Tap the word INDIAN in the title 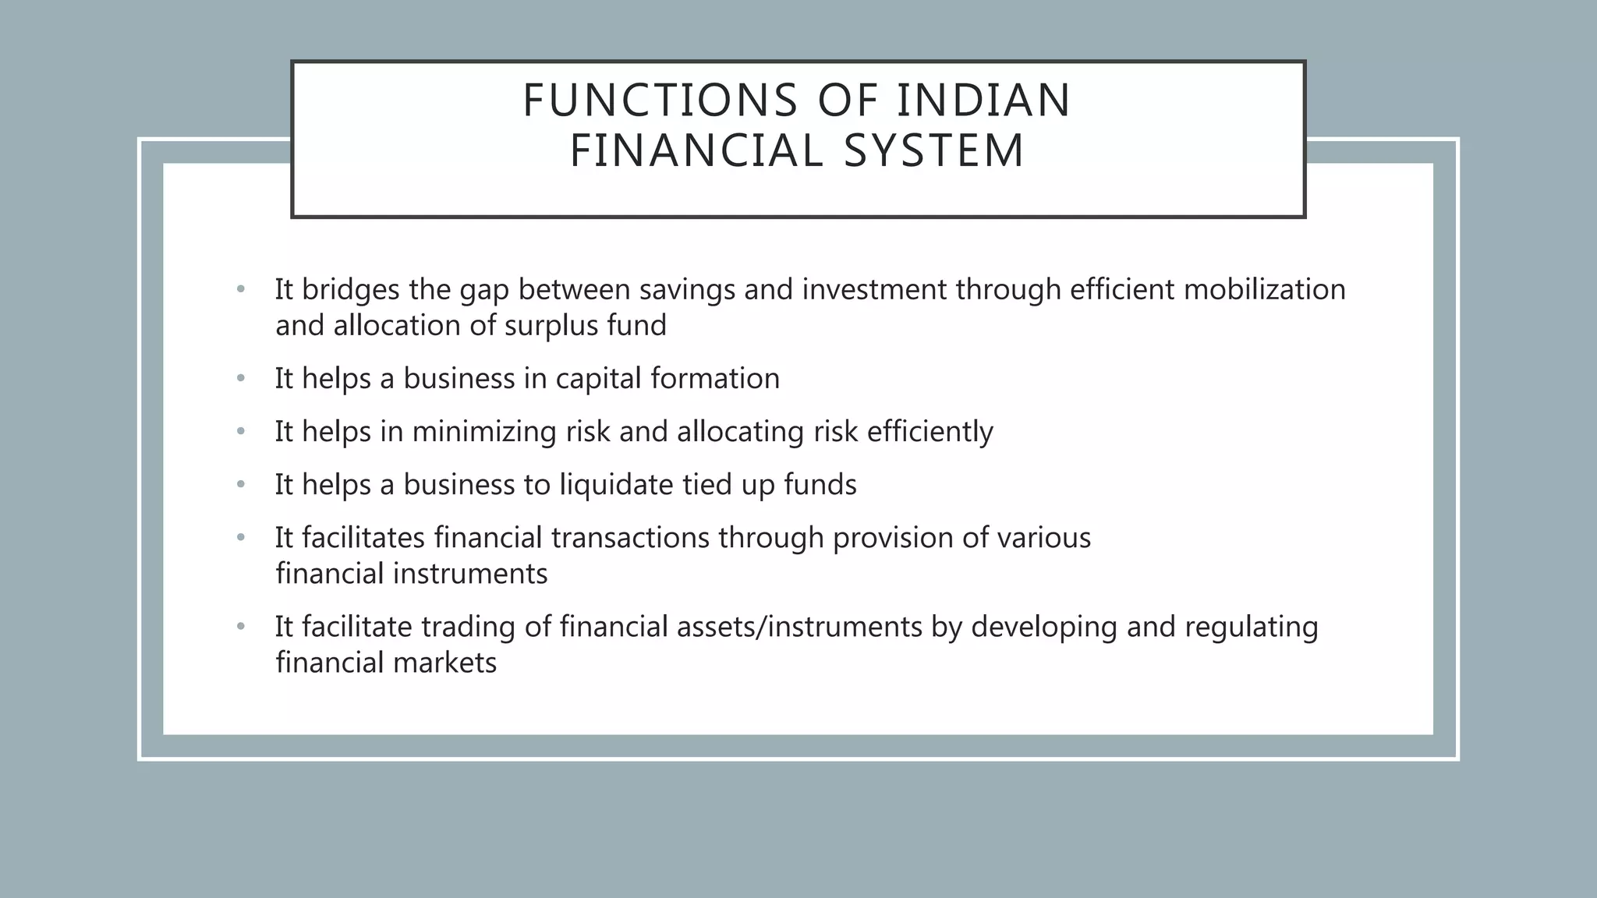pos(984,101)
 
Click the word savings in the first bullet pos(687,289)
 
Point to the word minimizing pos(484,432)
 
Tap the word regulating pos(1252,627)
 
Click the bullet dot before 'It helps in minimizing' pos(241,432)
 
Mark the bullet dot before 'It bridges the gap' pos(241,289)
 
